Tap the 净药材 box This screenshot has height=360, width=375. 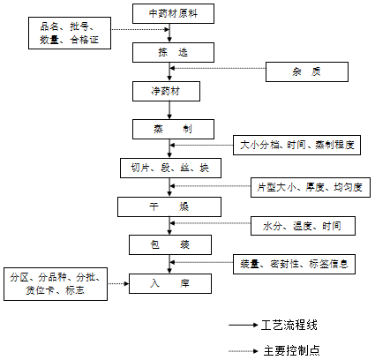coord(169,91)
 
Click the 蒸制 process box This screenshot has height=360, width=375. coord(169,129)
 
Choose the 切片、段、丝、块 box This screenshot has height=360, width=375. coord(169,167)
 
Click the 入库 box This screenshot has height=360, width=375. coord(169,283)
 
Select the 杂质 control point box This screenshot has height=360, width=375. coord(305,71)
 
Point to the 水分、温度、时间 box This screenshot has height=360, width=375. coord(303,226)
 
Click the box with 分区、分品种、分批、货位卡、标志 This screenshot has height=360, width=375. coord(56,282)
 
